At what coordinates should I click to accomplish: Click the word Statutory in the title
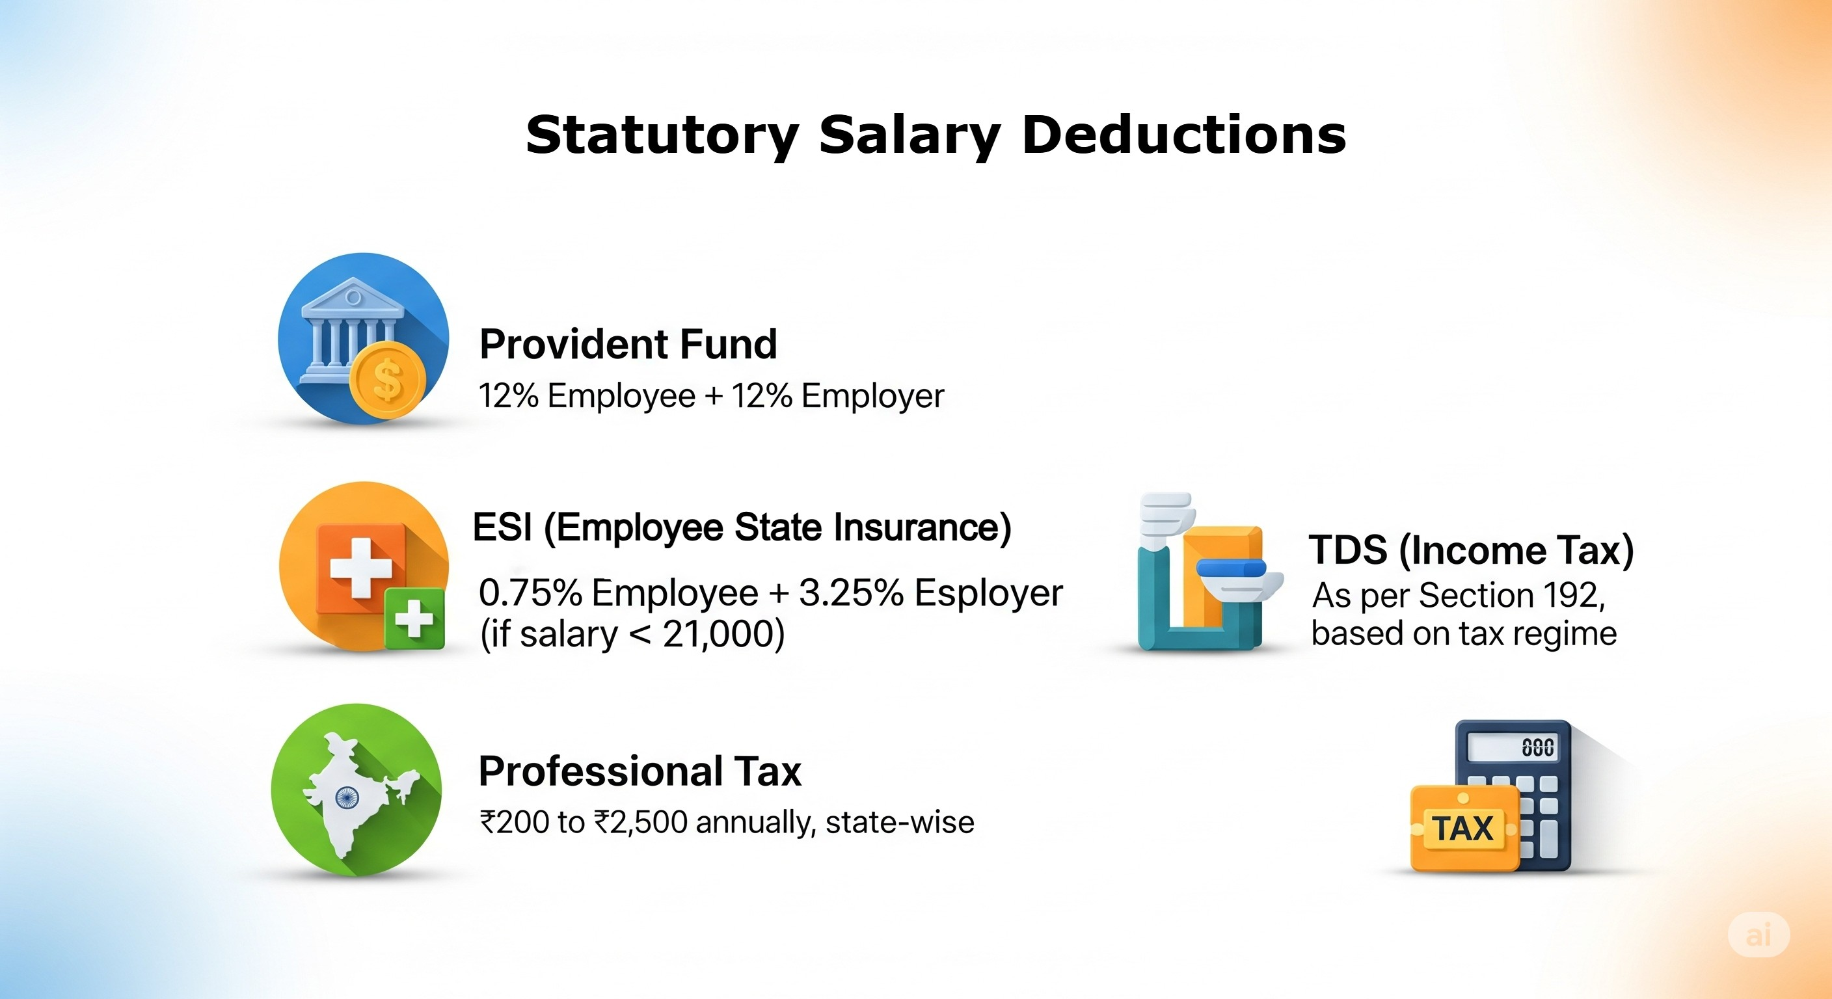click(x=662, y=135)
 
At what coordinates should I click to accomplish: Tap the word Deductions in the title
click(x=1183, y=135)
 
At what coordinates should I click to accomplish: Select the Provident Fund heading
click(x=628, y=344)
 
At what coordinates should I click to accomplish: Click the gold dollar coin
click(x=388, y=380)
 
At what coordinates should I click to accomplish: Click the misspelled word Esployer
click(x=989, y=593)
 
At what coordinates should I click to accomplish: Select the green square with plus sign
click(x=414, y=618)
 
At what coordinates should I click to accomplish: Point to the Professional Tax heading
click(x=640, y=771)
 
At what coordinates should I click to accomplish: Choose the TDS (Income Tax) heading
click(x=1471, y=550)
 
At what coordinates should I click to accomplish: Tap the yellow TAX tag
click(x=1463, y=829)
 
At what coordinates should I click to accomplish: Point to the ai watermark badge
click(x=1758, y=935)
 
